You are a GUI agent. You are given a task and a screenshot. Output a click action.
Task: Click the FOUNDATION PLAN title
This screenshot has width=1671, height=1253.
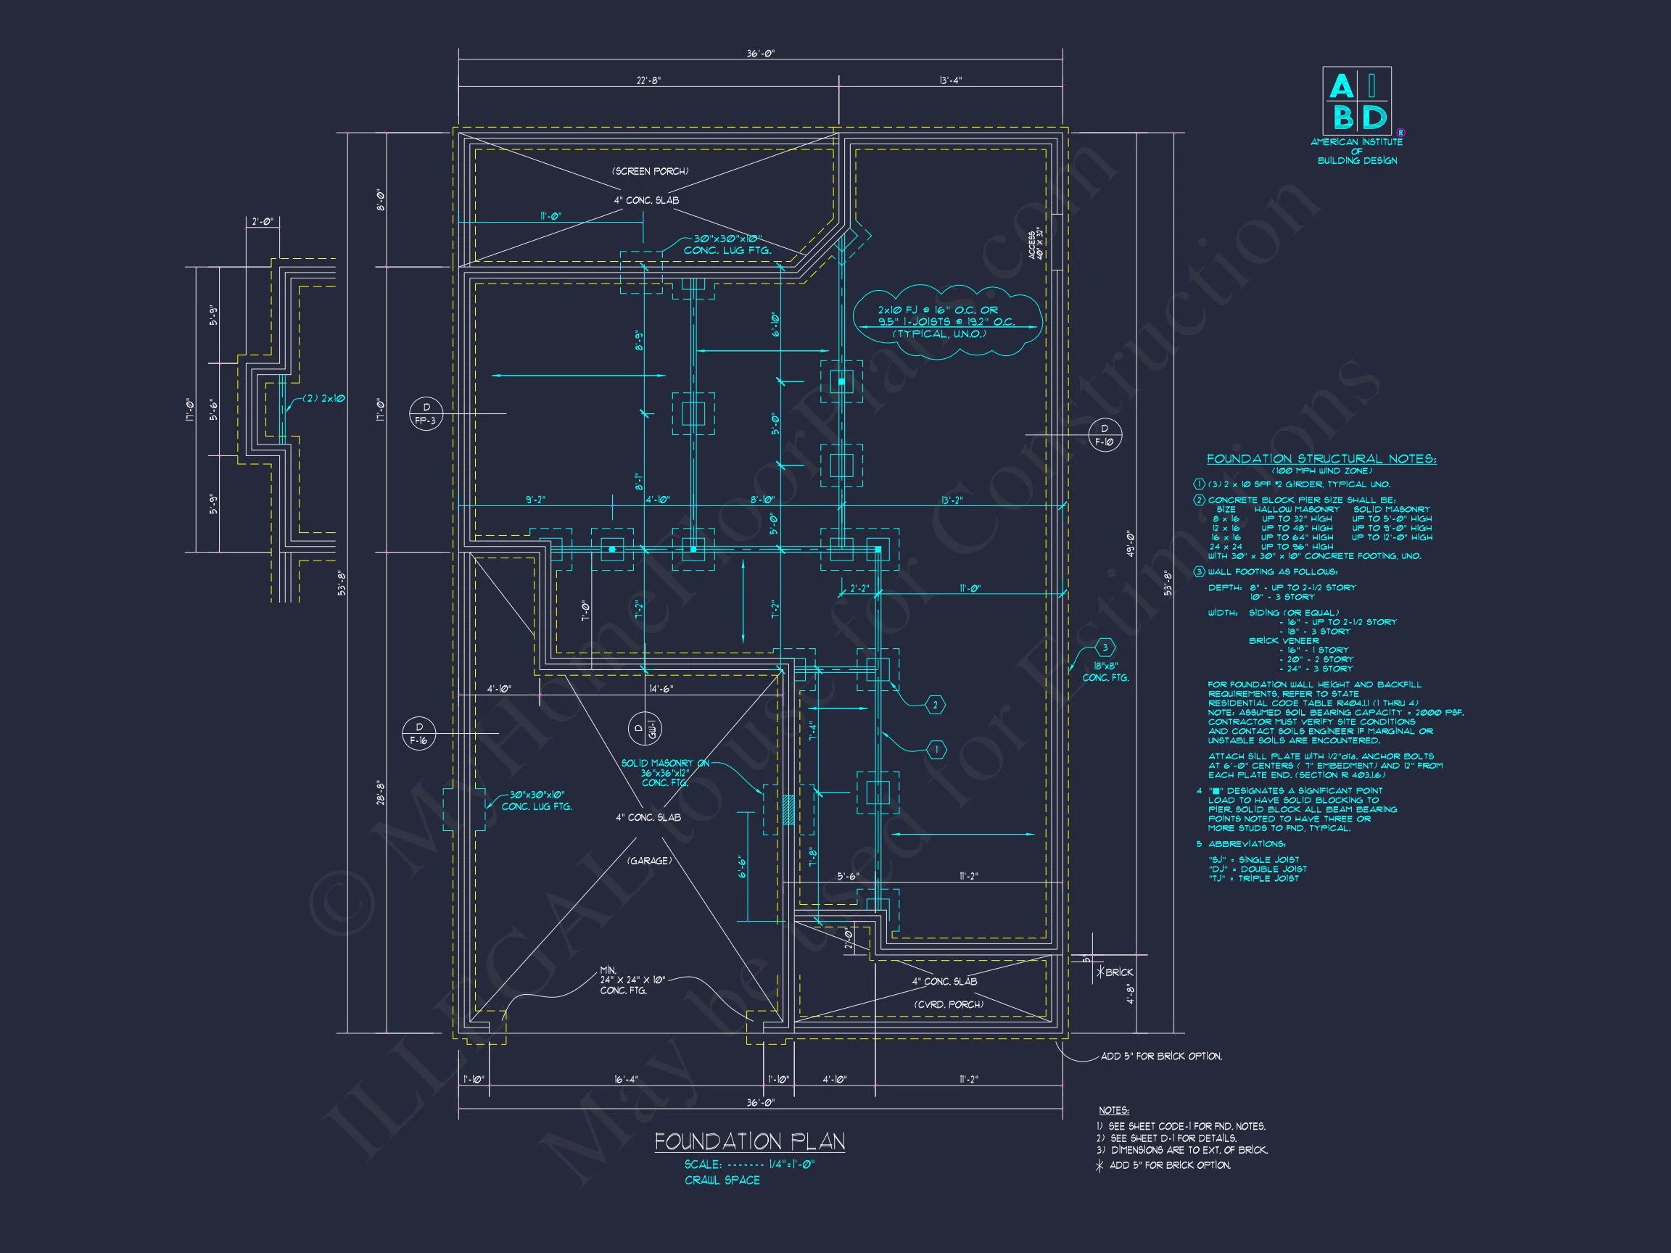coord(749,1141)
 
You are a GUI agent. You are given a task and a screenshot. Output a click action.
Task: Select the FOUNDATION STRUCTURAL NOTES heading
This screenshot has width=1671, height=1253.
coord(1321,458)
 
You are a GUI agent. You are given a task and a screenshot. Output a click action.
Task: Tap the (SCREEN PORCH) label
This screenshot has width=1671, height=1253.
coord(650,171)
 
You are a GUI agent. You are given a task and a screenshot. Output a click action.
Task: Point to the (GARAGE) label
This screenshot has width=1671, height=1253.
coord(648,860)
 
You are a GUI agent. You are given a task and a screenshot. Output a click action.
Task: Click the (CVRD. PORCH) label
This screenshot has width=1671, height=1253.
coord(948,1004)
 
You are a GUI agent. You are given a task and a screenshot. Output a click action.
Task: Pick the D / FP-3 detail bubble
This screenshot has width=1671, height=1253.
coord(425,414)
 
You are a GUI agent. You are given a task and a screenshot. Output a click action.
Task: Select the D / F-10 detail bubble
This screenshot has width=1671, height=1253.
coord(1105,436)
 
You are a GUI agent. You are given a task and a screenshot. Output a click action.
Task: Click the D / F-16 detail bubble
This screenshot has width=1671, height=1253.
coord(419,733)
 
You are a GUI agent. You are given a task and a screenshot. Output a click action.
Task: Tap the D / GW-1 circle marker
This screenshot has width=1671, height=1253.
coord(645,729)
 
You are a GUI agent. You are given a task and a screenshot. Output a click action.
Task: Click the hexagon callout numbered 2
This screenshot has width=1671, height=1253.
coord(935,705)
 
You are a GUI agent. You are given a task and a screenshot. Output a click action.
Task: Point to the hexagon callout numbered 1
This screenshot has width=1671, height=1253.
coord(936,749)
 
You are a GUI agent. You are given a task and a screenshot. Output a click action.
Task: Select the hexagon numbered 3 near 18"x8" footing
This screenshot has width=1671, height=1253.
coord(1105,648)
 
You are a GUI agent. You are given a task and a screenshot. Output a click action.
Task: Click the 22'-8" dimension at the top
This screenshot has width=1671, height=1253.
coord(648,80)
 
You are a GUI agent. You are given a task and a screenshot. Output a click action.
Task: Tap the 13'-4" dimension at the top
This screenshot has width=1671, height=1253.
coord(950,80)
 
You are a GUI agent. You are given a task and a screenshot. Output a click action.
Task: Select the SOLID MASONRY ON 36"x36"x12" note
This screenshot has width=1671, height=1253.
coord(665,773)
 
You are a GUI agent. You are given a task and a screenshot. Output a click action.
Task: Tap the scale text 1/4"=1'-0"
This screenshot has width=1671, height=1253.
coord(792,1164)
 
